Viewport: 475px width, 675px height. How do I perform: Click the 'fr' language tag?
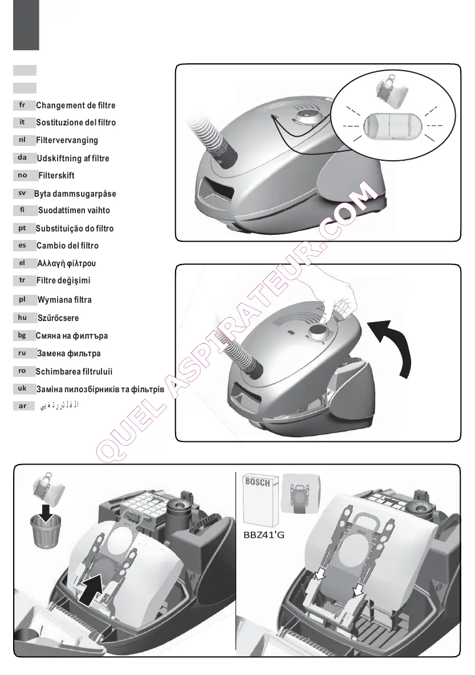22,105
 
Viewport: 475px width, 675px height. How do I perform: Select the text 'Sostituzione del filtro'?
76,123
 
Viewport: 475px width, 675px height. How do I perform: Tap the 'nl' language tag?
22,140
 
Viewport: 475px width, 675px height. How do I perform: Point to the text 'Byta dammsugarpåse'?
75,194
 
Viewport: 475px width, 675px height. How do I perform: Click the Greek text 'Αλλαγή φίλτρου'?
66,263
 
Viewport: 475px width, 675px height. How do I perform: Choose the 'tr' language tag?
22,280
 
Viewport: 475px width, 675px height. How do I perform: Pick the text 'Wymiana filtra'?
64,299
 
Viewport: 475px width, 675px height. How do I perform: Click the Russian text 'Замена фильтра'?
68,353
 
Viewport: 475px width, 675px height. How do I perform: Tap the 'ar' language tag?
22,406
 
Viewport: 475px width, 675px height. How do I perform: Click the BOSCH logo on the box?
258,482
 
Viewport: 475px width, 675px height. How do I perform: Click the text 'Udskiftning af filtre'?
73,158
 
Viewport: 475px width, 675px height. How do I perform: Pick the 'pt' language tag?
22,228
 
